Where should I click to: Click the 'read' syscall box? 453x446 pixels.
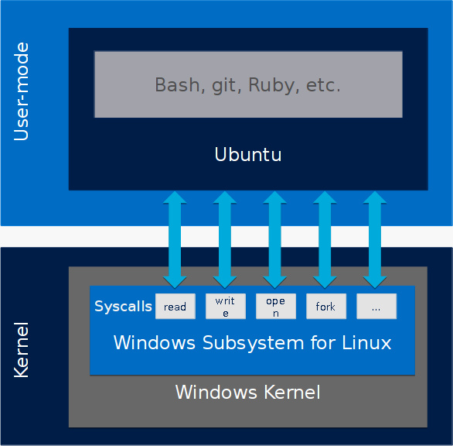click(x=175, y=306)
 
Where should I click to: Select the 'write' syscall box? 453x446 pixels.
click(x=226, y=306)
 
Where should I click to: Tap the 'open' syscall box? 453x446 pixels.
click(x=276, y=306)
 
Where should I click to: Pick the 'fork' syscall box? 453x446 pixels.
click(x=326, y=306)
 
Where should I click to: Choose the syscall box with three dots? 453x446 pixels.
click(x=376, y=306)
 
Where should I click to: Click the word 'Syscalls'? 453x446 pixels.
click(x=123, y=307)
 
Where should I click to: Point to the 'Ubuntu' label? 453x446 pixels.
click(x=248, y=155)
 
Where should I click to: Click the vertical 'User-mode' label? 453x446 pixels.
click(x=21, y=91)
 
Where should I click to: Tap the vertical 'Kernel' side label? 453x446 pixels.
click(x=21, y=350)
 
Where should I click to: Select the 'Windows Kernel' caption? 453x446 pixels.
click(x=248, y=393)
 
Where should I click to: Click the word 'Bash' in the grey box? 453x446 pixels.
click(x=177, y=85)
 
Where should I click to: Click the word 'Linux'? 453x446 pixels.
click(x=366, y=343)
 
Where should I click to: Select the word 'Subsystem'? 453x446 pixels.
click(x=253, y=344)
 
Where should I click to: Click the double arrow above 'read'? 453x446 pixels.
click(x=175, y=239)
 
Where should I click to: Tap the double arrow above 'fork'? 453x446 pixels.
click(x=325, y=239)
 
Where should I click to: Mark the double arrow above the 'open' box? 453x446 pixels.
click(x=275, y=239)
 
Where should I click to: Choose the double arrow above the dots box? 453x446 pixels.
click(x=375, y=239)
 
